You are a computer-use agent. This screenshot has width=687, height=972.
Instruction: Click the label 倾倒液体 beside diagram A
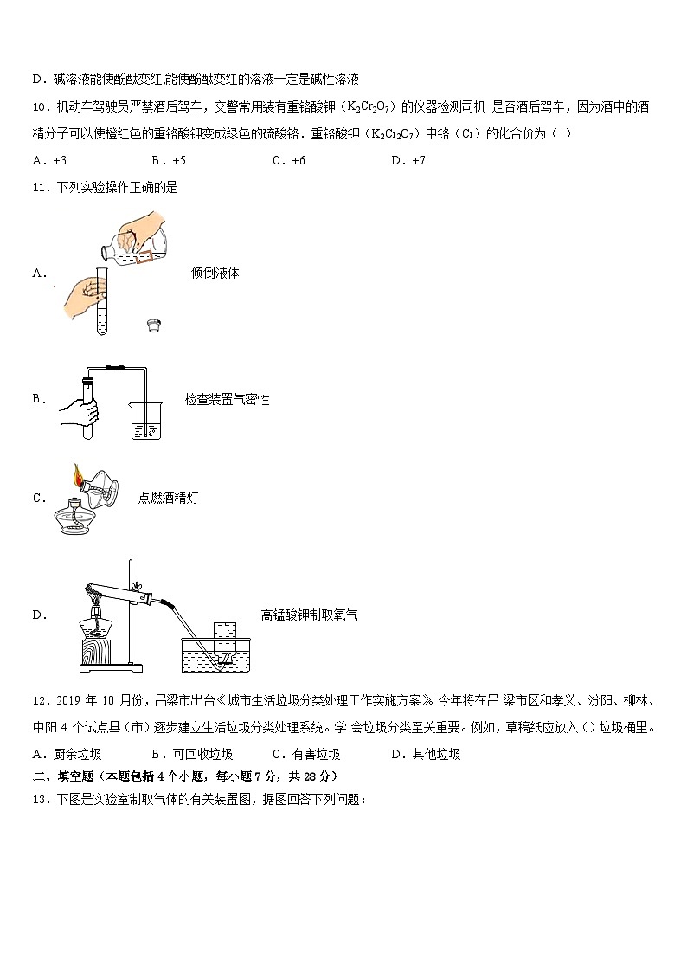pyautogui.click(x=215, y=273)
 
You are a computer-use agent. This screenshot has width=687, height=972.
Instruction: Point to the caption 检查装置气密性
pyautogui.click(x=227, y=399)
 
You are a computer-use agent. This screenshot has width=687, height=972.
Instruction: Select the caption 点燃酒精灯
pyautogui.click(x=168, y=498)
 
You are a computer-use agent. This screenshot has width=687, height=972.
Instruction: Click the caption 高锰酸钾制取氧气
pyautogui.click(x=309, y=615)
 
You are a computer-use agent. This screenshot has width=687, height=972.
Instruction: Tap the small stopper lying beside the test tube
pyautogui.click(x=153, y=325)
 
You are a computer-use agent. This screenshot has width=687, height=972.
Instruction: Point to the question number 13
pyautogui.click(x=39, y=799)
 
